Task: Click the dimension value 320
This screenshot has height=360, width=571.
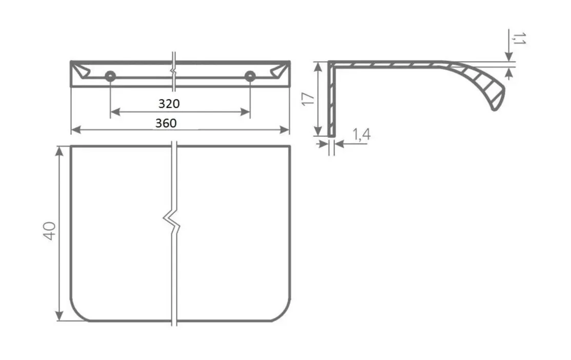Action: (x=169, y=104)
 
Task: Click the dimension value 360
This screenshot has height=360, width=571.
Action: (x=166, y=123)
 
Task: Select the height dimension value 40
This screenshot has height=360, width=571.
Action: (x=50, y=231)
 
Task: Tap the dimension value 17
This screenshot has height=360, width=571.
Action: (x=308, y=98)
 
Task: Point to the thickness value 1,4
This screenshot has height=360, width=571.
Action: (x=361, y=134)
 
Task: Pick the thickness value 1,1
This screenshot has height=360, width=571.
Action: (x=519, y=38)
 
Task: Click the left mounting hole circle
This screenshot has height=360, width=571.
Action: (x=110, y=76)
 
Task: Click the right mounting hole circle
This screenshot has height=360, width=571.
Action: (x=250, y=76)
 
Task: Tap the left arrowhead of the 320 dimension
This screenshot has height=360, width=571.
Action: (x=115, y=112)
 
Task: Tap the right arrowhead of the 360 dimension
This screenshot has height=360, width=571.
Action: (x=284, y=129)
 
